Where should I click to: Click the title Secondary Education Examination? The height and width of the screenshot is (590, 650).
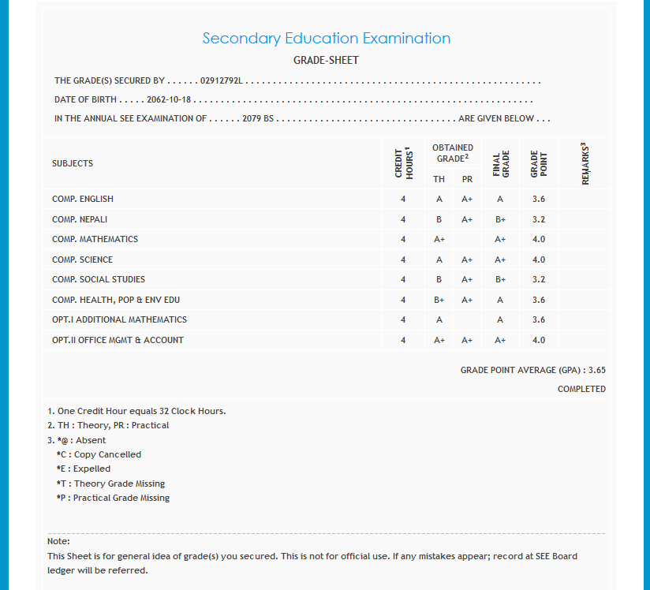(x=326, y=38)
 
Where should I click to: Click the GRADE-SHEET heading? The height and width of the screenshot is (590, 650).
(x=326, y=60)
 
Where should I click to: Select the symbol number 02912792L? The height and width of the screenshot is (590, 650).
(x=222, y=80)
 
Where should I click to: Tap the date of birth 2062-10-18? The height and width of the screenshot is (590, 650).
(x=170, y=100)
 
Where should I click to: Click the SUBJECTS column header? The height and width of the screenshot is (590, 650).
(x=73, y=163)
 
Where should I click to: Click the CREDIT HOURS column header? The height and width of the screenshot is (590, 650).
(x=403, y=162)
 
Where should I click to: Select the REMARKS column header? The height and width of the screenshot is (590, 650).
(x=585, y=163)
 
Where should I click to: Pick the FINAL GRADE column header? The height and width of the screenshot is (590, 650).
(x=500, y=163)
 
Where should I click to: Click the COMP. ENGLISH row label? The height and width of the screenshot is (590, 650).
(x=83, y=199)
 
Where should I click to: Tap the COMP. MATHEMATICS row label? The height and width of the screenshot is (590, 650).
(x=95, y=239)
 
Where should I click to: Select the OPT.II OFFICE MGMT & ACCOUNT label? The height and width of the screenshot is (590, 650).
(x=118, y=340)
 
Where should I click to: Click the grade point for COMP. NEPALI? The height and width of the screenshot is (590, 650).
(x=539, y=219)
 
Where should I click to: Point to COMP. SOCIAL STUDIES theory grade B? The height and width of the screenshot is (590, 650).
(x=439, y=279)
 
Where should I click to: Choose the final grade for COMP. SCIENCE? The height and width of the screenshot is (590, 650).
(x=500, y=260)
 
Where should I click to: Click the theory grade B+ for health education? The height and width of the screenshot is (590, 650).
(x=439, y=300)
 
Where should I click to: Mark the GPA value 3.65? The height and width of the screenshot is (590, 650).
(x=597, y=369)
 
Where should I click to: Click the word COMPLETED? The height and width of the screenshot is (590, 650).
(x=581, y=389)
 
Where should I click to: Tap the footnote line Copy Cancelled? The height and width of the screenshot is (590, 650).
(x=99, y=454)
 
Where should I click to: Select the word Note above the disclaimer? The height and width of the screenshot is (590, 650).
(x=58, y=541)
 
